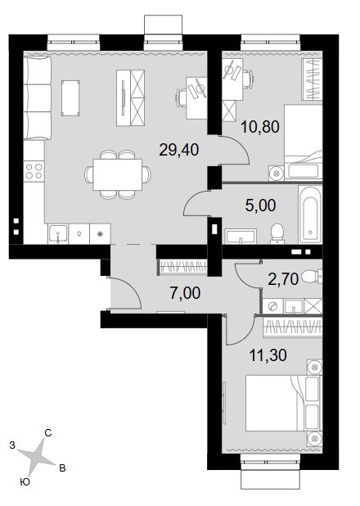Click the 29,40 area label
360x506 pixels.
click(179, 150)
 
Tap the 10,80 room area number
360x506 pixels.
click(260, 127)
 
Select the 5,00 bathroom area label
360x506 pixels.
click(261, 206)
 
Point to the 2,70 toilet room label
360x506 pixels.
click(283, 279)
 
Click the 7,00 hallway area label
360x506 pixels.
click(185, 293)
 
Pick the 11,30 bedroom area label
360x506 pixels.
click(268, 355)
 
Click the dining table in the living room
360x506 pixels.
click(118, 174)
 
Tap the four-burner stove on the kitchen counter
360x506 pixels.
click(34, 171)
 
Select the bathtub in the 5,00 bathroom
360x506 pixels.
click(309, 214)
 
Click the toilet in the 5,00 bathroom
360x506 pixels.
click(277, 233)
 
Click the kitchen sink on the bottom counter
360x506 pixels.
click(58, 233)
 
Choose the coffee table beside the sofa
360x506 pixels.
click(70, 97)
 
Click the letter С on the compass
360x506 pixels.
click(48, 433)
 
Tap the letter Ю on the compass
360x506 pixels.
click(25, 482)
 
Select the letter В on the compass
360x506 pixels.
click(62, 468)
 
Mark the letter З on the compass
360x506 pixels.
click(12, 445)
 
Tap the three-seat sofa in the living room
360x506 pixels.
click(38, 97)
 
